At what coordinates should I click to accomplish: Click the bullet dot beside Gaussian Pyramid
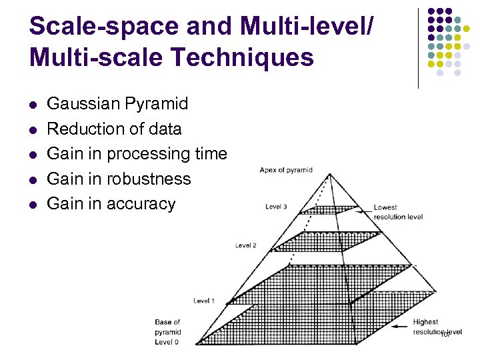coord(33,105)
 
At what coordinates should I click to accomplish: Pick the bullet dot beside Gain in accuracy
coord(33,205)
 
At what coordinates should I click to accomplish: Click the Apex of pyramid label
coord(286,170)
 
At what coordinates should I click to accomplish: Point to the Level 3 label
coord(276,207)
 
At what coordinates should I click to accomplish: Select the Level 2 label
coord(245,245)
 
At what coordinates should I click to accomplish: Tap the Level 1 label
coord(204,301)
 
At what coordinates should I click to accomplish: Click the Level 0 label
coord(167,342)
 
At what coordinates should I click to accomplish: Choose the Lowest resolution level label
coord(395,212)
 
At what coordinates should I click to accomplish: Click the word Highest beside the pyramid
coord(426,322)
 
